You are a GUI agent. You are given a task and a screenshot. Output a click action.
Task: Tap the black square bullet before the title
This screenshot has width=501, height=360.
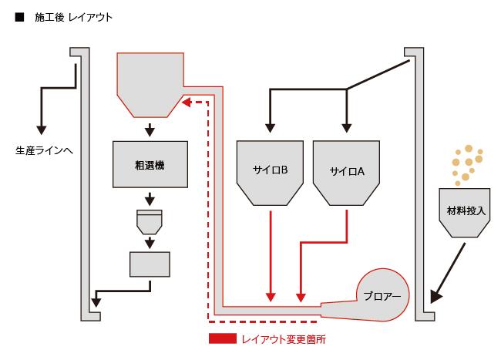click(x=19, y=16)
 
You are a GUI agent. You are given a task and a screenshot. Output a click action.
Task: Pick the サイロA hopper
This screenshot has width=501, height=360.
click(x=346, y=171)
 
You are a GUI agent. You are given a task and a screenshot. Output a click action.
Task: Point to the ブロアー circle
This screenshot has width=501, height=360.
click(x=383, y=295)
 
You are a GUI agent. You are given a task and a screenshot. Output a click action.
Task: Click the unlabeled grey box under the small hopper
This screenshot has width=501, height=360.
click(x=150, y=265)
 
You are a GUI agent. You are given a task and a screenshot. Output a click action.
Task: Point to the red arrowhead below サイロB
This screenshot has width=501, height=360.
click(x=270, y=296)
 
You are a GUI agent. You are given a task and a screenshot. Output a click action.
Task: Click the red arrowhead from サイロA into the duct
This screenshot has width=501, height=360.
click(x=301, y=296)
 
